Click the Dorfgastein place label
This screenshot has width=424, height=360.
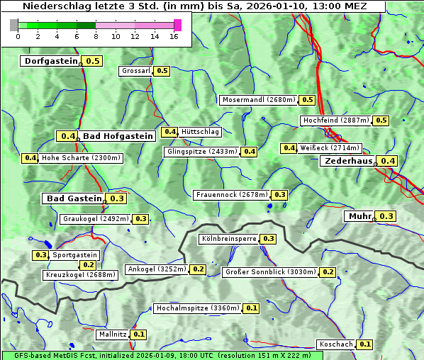pos(50,61)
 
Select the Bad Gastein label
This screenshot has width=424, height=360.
pos(74,198)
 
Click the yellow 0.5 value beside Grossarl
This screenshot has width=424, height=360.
pos(162,71)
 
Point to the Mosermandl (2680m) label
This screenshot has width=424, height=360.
pos(259,100)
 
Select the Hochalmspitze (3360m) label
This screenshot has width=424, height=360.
pos(198,308)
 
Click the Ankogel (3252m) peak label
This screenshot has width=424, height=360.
pos(156,269)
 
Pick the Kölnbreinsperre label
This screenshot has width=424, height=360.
pos(228,239)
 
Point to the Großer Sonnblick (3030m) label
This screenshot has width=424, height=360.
pos(270,271)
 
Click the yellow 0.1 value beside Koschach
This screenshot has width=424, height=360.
pos(365,344)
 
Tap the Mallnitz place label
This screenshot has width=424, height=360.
pos(113,334)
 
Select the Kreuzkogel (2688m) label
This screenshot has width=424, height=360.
pos(79,274)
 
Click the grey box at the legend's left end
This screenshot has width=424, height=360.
pos(14,25)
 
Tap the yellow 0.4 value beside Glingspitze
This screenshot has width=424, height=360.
pos(250,152)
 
